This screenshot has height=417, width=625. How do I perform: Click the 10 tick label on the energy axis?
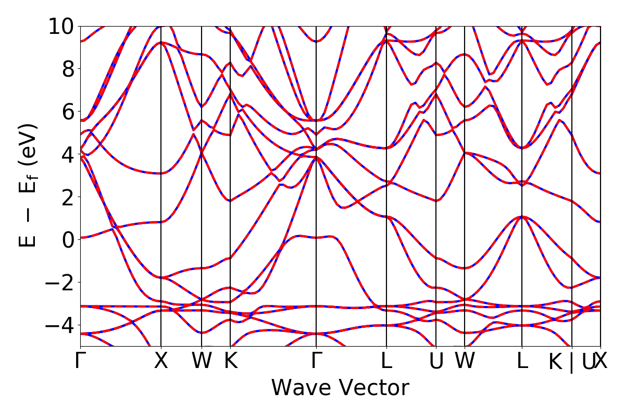click(61, 26)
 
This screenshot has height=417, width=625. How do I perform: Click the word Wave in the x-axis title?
click(302, 388)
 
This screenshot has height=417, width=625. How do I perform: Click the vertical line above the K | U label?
click(572, 182)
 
